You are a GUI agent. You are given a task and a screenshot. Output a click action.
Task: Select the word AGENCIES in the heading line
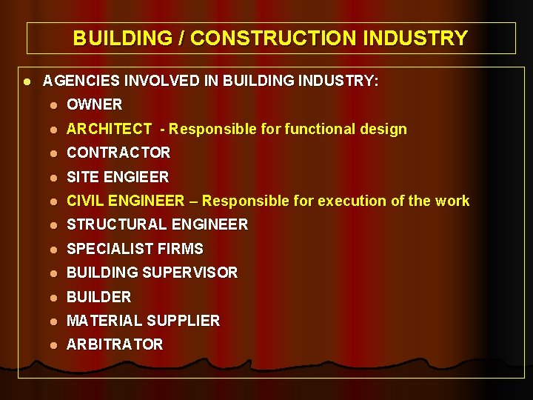coord(75,81)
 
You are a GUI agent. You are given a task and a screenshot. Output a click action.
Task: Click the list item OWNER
coord(94,104)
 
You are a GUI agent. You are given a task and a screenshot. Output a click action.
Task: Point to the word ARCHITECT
coord(109,129)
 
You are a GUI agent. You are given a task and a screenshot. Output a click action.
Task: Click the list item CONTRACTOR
coord(118,153)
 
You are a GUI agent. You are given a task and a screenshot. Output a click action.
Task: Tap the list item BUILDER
coord(98,297)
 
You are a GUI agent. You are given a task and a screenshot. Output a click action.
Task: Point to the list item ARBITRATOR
coord(115,344)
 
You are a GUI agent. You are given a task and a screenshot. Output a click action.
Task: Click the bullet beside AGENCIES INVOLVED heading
coord(26,81)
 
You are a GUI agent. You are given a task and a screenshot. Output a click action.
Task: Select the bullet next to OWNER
coord(53,105)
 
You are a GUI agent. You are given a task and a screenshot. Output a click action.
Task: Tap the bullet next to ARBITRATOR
coord(53,345)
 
